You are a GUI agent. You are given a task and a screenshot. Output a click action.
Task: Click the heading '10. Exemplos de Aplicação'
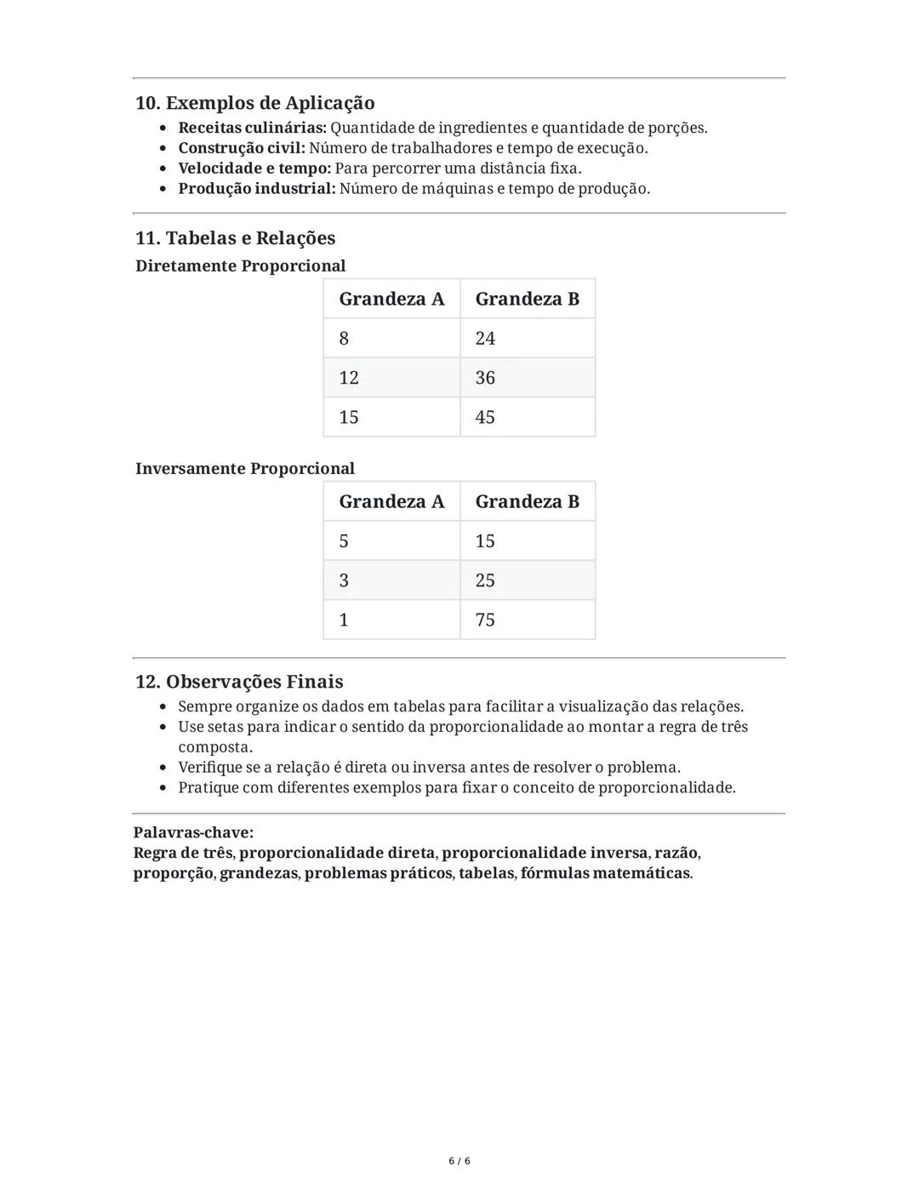[254, 103]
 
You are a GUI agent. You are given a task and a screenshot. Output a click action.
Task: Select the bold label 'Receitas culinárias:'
[252, 128]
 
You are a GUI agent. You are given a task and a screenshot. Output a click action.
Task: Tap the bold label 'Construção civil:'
[241, 148]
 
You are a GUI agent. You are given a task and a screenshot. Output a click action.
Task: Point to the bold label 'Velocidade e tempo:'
[254, 169]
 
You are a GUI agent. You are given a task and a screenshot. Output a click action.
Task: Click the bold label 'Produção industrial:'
[256, 189]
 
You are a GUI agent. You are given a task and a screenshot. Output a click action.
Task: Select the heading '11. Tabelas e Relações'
[235, 238]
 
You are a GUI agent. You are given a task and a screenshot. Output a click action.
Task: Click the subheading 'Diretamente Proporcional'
[240, 266]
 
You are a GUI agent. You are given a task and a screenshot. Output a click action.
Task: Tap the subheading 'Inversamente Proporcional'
[244, 469]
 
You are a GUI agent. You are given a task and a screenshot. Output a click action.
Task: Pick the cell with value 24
[528, 339]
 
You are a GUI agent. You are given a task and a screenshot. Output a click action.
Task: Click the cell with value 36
[528, 378]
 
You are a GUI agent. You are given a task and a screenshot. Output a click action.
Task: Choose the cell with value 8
[391, 339]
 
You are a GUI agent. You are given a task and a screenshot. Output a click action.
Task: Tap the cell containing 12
[391, 378]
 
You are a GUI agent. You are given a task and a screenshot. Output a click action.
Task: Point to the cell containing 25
[528, 580]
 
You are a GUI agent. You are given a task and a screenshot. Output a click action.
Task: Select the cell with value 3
[391, 580]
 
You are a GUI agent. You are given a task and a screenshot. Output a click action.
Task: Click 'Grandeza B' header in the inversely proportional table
[527, 502]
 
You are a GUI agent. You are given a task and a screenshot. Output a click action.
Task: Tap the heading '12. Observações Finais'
[239, 682]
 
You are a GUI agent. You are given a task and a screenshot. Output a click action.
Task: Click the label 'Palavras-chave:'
[193, 832]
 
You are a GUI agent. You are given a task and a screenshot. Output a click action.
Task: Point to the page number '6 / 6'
[459, 1161]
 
